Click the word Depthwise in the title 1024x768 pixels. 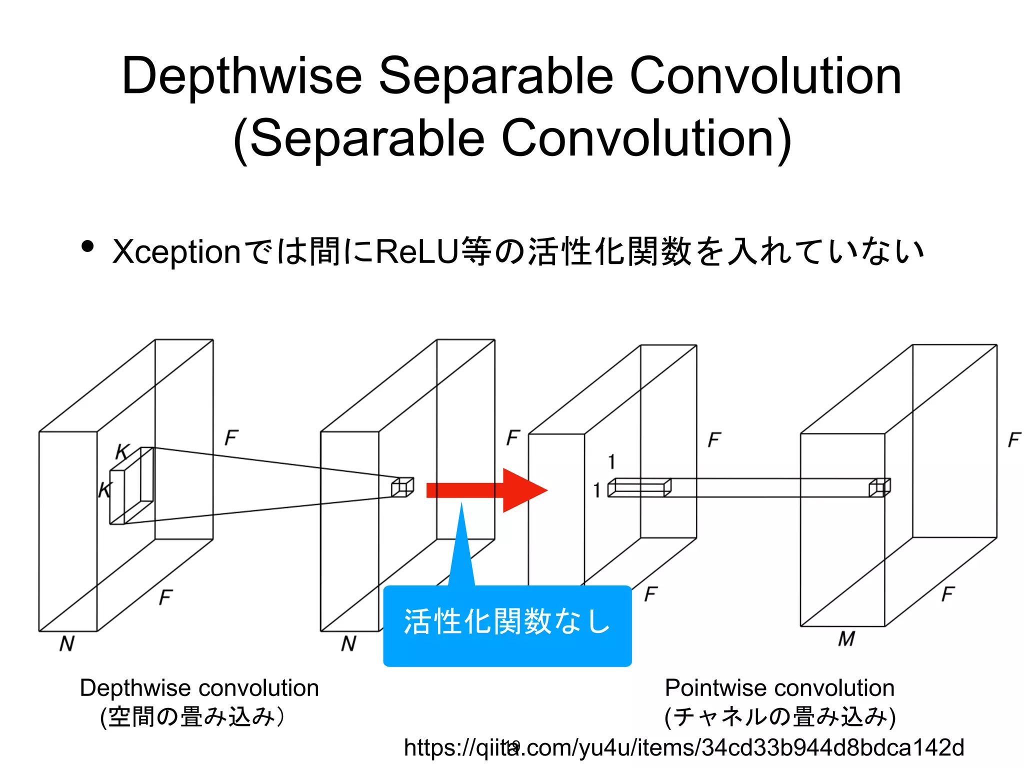241,76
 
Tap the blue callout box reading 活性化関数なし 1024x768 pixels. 507,625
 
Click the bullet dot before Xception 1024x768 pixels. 87,247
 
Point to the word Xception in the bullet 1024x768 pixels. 177,251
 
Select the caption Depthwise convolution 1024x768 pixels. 199,688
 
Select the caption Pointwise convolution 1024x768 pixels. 779,688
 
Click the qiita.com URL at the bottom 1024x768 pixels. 683,748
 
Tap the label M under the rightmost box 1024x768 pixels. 846,639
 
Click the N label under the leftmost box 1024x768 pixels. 67,644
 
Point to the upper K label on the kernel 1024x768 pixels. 122,452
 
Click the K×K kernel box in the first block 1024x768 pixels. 131,485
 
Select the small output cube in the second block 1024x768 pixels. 402,487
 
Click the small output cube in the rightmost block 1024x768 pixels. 879,487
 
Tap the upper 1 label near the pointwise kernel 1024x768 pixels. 611,461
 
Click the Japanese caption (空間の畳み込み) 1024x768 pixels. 192,716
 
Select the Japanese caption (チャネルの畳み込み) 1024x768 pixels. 780,716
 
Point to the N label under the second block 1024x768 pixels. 348,644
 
